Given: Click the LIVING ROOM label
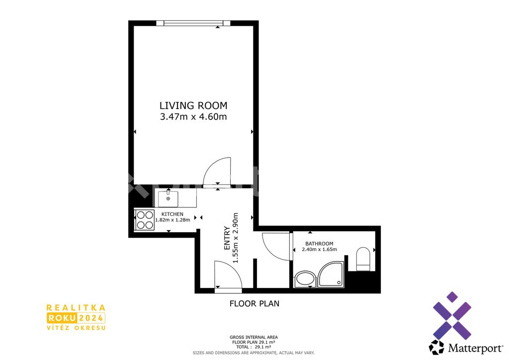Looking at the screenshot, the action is (x=193, y=105).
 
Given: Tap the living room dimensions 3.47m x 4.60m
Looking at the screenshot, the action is (x=193, y=116).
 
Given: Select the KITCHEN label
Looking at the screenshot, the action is (x=172, y=214).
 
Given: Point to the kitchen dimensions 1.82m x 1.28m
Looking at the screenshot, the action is (x=172, y=220).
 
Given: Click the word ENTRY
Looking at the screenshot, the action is (x=227, y=238).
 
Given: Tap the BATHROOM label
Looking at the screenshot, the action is (x=319, y=244).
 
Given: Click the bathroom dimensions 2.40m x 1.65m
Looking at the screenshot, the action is (x=319, y=250).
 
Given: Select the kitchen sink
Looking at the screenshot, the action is (x=168, y=199).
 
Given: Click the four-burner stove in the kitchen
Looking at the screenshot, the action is (x=145, y=220).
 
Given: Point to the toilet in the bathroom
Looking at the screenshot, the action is (x=363, y=259).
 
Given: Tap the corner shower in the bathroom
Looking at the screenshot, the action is (x=331, y=274).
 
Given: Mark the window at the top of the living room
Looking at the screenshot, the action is (x=193, y=23).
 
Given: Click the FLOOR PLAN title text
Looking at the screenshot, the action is (x=254, y=303).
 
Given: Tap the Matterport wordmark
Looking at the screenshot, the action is (x=475, y=349).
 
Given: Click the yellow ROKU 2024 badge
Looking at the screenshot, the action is (x=76, y=317).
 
